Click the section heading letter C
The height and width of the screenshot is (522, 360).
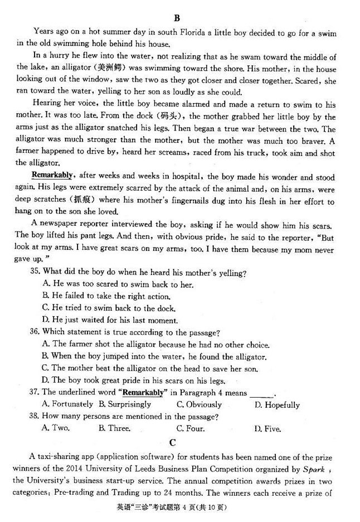[x=173, y=443]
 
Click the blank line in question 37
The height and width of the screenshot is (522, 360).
[x=262, y=393]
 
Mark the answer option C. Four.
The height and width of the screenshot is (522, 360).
[x=190, y=428]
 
